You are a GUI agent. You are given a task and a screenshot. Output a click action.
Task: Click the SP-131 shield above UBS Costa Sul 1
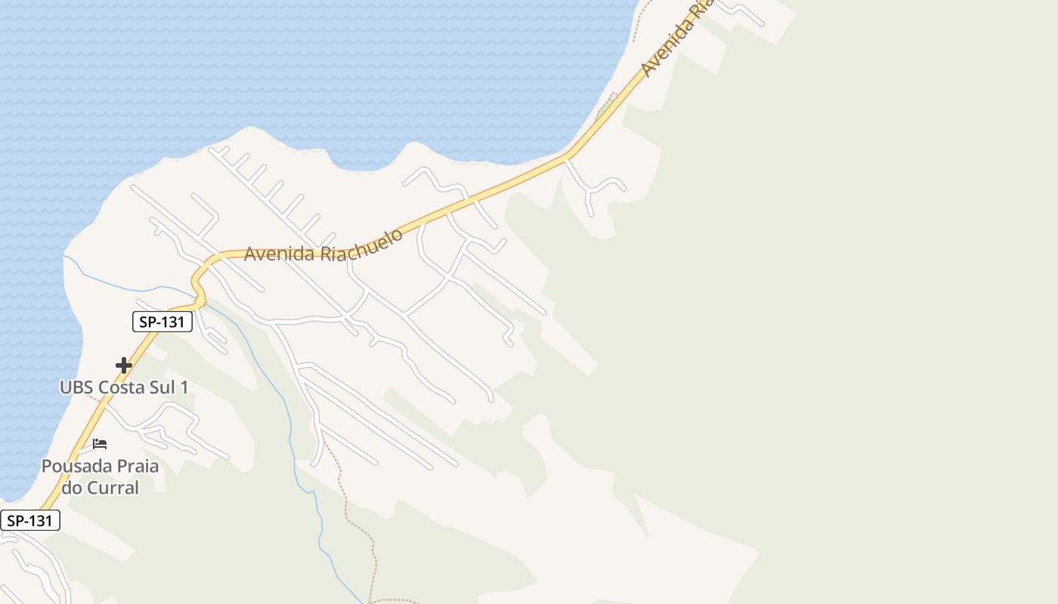coord(162,322)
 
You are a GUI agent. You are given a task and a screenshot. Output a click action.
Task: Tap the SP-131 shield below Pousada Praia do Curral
coord(29,520)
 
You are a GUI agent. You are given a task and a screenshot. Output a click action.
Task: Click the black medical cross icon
coord(124,366)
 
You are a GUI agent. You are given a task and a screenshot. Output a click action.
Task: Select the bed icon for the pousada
coord(100,444)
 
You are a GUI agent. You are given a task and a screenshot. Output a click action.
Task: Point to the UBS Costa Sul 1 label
coord(124,387)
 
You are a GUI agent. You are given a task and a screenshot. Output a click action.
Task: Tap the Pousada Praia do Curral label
coord(100,476)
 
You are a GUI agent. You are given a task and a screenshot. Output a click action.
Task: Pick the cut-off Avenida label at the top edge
coord(677,38)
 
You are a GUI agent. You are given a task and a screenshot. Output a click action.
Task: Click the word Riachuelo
coord(361,242)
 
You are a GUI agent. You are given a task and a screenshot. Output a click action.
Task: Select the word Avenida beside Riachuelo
coord(279,253)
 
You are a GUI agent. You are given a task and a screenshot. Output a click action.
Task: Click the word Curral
coord(112,488)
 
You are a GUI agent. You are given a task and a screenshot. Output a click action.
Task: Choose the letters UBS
coord(75,387)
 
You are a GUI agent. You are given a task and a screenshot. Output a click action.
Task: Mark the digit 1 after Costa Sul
coord(184,387)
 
